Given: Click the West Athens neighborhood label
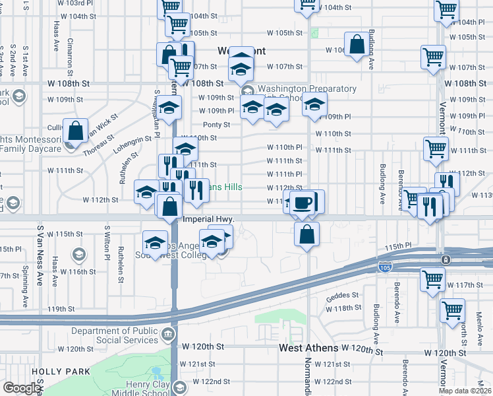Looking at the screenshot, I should (308, 348).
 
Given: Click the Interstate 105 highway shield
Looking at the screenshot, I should (385, 267).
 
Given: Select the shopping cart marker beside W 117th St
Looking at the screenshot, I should (432, 279).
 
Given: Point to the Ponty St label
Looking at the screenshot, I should (216, 125).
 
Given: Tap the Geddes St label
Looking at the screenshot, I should (342, 295).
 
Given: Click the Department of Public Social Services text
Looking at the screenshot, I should (115, 336).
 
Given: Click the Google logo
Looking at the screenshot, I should (22, 388).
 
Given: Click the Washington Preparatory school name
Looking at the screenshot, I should (307, 89).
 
